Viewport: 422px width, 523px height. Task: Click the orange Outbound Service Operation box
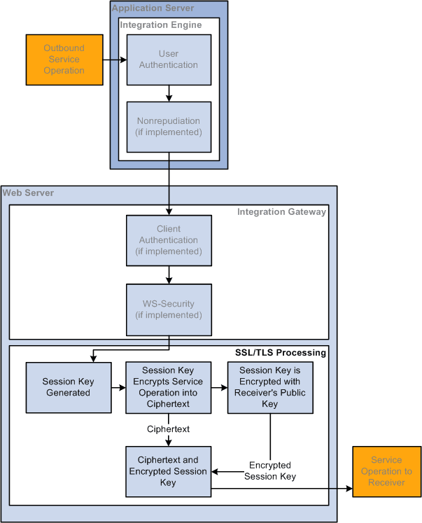click(64, 60)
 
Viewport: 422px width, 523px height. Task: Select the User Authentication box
click(169, 60)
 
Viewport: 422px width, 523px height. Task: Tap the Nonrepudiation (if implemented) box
click(169, 127)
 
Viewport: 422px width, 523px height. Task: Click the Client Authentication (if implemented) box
click(169, 240)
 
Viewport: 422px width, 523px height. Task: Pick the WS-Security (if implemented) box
click(169, 309)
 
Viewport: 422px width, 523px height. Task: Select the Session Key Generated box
click(68, 387)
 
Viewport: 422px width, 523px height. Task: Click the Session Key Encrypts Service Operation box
click(169, 387)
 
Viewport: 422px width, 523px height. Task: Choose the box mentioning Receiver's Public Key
click(270, 387)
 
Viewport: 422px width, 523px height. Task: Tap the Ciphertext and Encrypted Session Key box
click(169, 471)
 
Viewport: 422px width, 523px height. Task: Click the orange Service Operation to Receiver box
click(386, 471)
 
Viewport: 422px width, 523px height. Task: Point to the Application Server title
click(153, 8)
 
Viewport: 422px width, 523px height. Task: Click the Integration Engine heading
click(161, 25)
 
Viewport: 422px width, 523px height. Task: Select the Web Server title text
click(28, 193)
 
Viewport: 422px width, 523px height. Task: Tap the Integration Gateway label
click(281, 211)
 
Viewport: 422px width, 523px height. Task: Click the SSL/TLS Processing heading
click(280, 352)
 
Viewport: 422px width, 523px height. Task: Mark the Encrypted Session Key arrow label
click(270, 470)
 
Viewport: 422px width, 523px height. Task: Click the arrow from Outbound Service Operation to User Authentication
click(114, 60)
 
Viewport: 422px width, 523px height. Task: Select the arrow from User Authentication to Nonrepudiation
click(169, 93)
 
